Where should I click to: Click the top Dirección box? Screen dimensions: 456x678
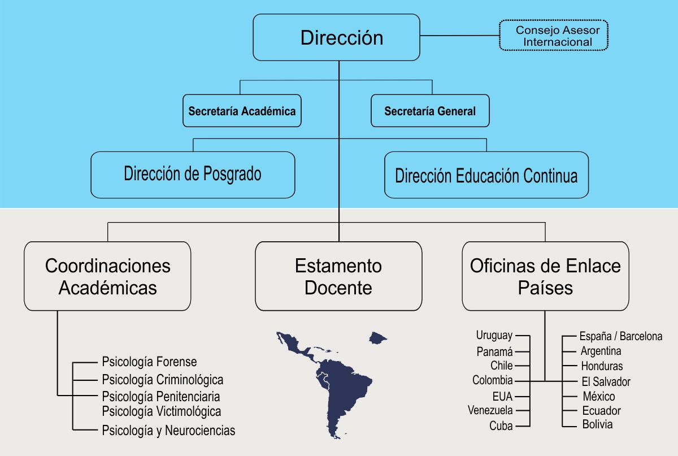coord(336,37)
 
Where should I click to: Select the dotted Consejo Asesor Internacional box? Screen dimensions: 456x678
coord(553,36)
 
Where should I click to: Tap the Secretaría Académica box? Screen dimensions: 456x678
coord(242,111)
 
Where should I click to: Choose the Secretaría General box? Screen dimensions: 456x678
coord(430,111)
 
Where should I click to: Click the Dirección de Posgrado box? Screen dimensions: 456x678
coord(193,174)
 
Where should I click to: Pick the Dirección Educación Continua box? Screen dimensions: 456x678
coord(486,175)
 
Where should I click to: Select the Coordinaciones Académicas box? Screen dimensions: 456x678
coord(107,276)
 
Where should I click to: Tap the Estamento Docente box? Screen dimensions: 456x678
coord(338,276)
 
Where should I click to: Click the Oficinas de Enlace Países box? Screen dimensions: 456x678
coord(545,276)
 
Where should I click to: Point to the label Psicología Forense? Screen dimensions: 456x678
coord(149,362)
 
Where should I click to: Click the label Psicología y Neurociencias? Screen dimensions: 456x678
coord(168,431)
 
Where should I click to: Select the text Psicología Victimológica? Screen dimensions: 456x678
coord(162,411)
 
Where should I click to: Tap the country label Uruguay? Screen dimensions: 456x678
coord(494,336)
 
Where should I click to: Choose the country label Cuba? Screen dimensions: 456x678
coord(501,426)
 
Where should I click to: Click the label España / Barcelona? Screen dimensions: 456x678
coord(621,336)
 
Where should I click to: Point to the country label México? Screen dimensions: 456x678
coord(598,396)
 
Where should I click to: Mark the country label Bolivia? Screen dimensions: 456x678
coord(597,424)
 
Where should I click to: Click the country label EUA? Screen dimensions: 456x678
coord(502,396)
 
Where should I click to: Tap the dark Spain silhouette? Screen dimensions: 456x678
coord(378,338)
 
